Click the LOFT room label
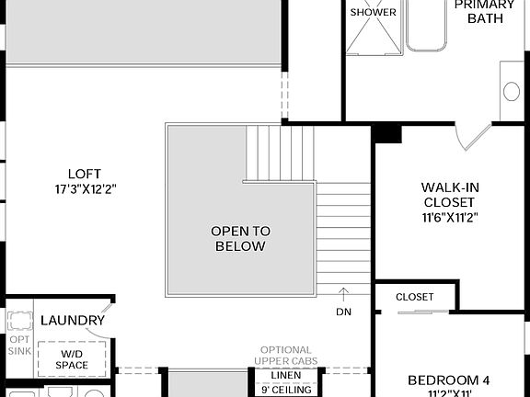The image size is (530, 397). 84,174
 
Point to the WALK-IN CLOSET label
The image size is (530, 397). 450,195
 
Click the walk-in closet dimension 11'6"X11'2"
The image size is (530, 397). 450,218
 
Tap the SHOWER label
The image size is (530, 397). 373,12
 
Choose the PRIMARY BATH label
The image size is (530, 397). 484,12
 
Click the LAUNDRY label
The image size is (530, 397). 73,320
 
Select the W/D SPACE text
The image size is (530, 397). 71,359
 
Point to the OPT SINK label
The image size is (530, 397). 19,345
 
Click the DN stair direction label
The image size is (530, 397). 342,312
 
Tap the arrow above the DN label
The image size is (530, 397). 342,294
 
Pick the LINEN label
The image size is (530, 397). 285,375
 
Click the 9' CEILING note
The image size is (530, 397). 285,390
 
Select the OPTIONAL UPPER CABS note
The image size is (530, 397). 285,356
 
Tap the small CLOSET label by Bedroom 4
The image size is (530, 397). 414,297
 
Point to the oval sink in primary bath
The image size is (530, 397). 511,91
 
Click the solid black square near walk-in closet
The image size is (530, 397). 387,132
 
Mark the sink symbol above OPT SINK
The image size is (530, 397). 19,320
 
